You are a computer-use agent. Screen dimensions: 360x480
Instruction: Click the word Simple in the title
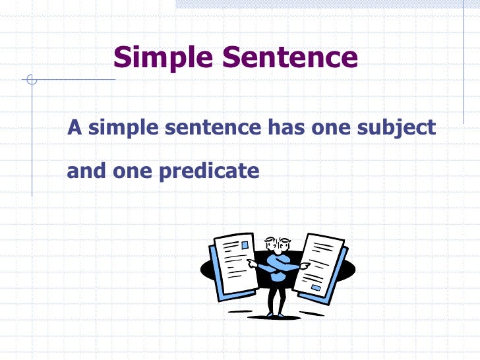click(x=163, y=58)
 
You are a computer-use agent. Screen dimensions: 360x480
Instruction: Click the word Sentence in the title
click(x=289, y=58)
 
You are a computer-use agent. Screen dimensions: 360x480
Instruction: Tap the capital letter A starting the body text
click(x=74, y=127)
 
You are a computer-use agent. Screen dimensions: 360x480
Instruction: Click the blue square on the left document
click(x=245, y=245)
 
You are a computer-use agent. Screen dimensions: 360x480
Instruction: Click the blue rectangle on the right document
click(x=316, y=287)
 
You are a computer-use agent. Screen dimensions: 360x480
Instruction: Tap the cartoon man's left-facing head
click(x=268, y=244)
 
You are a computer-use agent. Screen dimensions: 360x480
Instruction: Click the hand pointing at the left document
click(x=252, y=262)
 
